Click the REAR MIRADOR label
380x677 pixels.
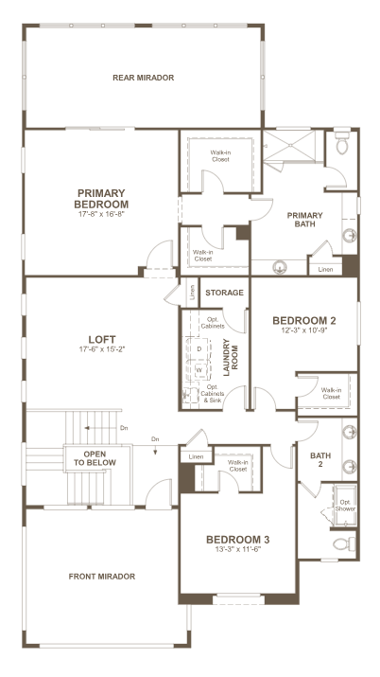(143, 78)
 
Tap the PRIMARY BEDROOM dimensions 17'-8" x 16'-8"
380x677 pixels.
(101, 213)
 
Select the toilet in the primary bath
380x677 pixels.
(342, 141)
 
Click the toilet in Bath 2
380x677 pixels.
(345, 544)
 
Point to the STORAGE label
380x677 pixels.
(224, 293)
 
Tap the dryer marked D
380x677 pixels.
(199, 348)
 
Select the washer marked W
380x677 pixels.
(199, 370)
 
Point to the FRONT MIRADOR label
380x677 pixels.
(102, 577)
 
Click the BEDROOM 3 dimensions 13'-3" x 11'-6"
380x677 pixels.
(238, 549)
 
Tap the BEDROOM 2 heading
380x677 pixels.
(304, 320)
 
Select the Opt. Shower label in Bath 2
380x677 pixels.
(346, 506)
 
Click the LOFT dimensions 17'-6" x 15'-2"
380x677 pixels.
(102, 349)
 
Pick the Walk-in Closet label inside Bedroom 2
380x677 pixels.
(331, 393)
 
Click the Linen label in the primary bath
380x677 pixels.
(326, 270)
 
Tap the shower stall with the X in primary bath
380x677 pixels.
(289, 145)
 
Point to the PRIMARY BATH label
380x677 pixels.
(305, 220)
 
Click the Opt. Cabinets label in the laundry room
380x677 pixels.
(213, 323)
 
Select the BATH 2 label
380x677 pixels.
(320, 459)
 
